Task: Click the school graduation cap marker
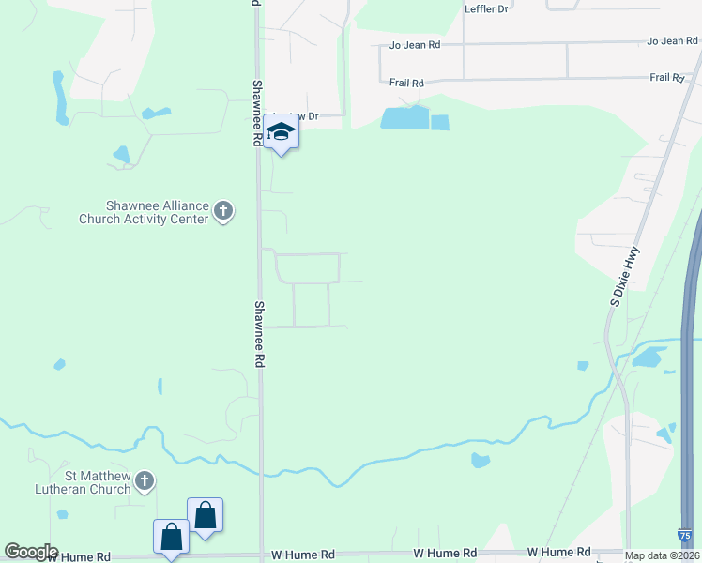pyautogui.click(x=281, y=131)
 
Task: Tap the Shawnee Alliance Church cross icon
pyautogui.click(x=223, y=211)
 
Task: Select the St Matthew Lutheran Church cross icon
pyautogui.click(x=144, y=482)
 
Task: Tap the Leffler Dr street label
pyautogui.click(x=486, y=8)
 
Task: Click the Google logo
pyautogui.click(x=31, y=552)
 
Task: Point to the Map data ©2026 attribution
pyautogui.click(x=661, y=555)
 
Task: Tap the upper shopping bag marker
pyautogui.click(x=206, y=516)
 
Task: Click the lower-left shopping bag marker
pyautogui.click(x=171, y=538)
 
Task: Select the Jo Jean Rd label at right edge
pyautogui.click(x=672, y=41)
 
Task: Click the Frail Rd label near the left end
pyautogui.click(x=406, y=83)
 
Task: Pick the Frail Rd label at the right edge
pyautogui.click(x=666, y=78)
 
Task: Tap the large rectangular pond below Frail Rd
pyautogui.click(x=404, y=118)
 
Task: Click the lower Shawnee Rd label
pyautogui.click(x=260, y=333)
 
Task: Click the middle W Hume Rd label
pyautogui.click(x=446, y=554)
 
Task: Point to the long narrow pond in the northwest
pyautogui.click(x=60, y=97)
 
